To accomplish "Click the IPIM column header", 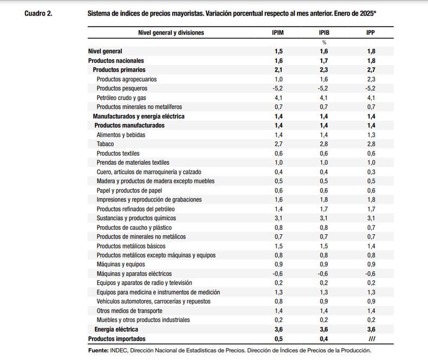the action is [278, 33].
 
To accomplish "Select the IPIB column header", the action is [324, 33].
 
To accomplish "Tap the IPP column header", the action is [371, 33].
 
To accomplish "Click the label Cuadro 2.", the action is [38, 14].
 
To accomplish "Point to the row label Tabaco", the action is [105, 144].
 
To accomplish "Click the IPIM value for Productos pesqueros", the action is [277, 88].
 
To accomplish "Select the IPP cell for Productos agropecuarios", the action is [371, 79].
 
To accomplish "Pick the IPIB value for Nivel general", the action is [324, 51].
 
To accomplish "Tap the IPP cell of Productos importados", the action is [372, 339].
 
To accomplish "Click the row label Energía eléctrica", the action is [116, 329].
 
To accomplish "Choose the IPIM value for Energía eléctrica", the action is [278, 329].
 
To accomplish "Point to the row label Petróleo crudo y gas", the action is [121, 98].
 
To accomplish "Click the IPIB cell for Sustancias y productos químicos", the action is [324, 218].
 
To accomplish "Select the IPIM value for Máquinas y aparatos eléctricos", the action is [277, 273].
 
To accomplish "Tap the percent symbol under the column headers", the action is [324, 42].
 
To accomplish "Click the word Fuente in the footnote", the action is [98, 350].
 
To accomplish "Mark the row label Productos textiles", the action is [118, 153].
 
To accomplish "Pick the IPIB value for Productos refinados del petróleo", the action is [324, 209].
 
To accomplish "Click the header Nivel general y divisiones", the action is [171, 33].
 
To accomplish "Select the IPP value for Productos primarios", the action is [371, 69].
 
